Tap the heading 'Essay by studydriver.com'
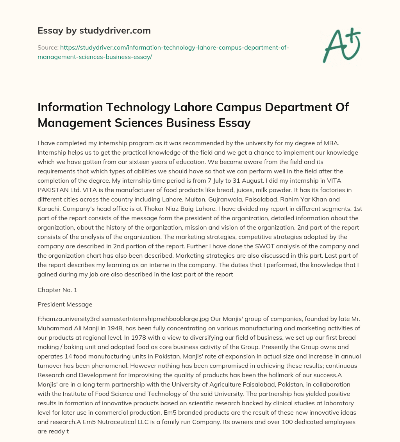coord(94,30)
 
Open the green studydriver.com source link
coord(163,52)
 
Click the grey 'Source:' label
coord(48,47)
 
